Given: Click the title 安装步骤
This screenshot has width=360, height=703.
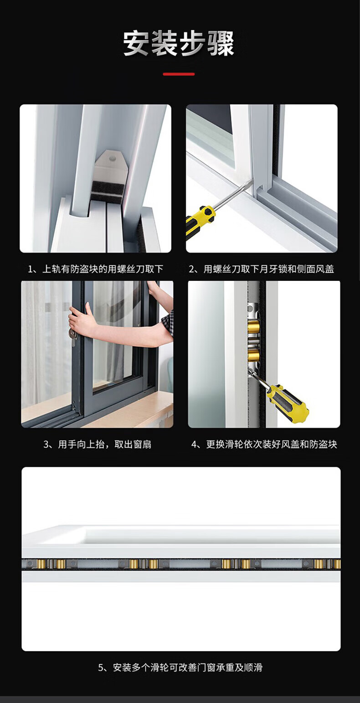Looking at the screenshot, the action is (x=179, y=43).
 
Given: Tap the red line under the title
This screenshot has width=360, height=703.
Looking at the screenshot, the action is (x=179, y=74).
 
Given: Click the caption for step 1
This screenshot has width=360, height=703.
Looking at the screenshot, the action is (x=96, y=269).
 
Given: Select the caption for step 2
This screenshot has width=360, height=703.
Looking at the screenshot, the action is (x=261, y=269).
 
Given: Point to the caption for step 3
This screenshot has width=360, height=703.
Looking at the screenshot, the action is (x=97, y=445).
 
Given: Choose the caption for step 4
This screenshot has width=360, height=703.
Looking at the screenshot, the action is (x=264, y=445).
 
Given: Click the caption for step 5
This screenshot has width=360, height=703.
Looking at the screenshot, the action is (x=180, y=667).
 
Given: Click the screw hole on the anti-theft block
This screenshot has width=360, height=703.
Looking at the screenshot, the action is (x=112, y=159).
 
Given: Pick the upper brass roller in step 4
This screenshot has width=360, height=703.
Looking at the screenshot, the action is (x=253, y=328).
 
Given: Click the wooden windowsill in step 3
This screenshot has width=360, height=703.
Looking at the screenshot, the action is (x=132, y=414).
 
